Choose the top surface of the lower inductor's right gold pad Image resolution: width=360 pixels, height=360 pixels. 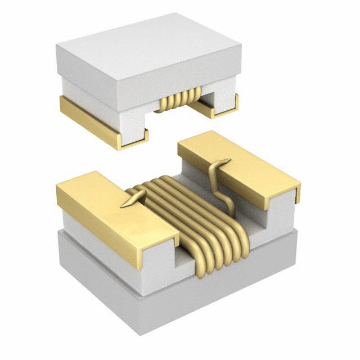point(236,163)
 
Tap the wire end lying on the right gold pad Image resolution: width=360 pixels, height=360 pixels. point(220,165)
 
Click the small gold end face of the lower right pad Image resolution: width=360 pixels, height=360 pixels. point(296,194)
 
